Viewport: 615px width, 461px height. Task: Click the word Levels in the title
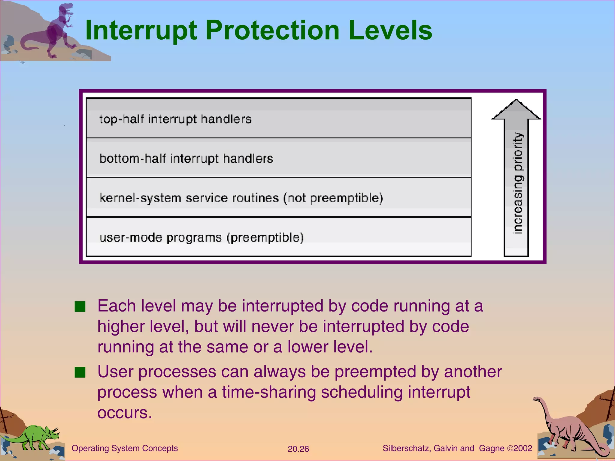[x=390, y=31]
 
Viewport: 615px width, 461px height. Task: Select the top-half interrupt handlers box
[x=278, y=119]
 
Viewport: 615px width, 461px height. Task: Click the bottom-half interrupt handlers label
[x=186, y=158]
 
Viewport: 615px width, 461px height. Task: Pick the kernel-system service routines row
[x=278, y=198]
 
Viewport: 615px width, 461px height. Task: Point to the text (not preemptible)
[x=333, y=198]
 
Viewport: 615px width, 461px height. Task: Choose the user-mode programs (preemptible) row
[x=278, y=237]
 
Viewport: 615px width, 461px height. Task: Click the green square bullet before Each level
[x=80, y=307]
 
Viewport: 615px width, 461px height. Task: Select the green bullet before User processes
[x=80, y=372]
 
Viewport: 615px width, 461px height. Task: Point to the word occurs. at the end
[x=125, y=413]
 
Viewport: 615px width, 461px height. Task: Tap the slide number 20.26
[x=298, y=449]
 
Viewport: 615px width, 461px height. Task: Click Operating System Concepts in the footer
[x=125, y=448]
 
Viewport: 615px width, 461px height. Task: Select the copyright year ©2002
[x=520, y=448]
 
